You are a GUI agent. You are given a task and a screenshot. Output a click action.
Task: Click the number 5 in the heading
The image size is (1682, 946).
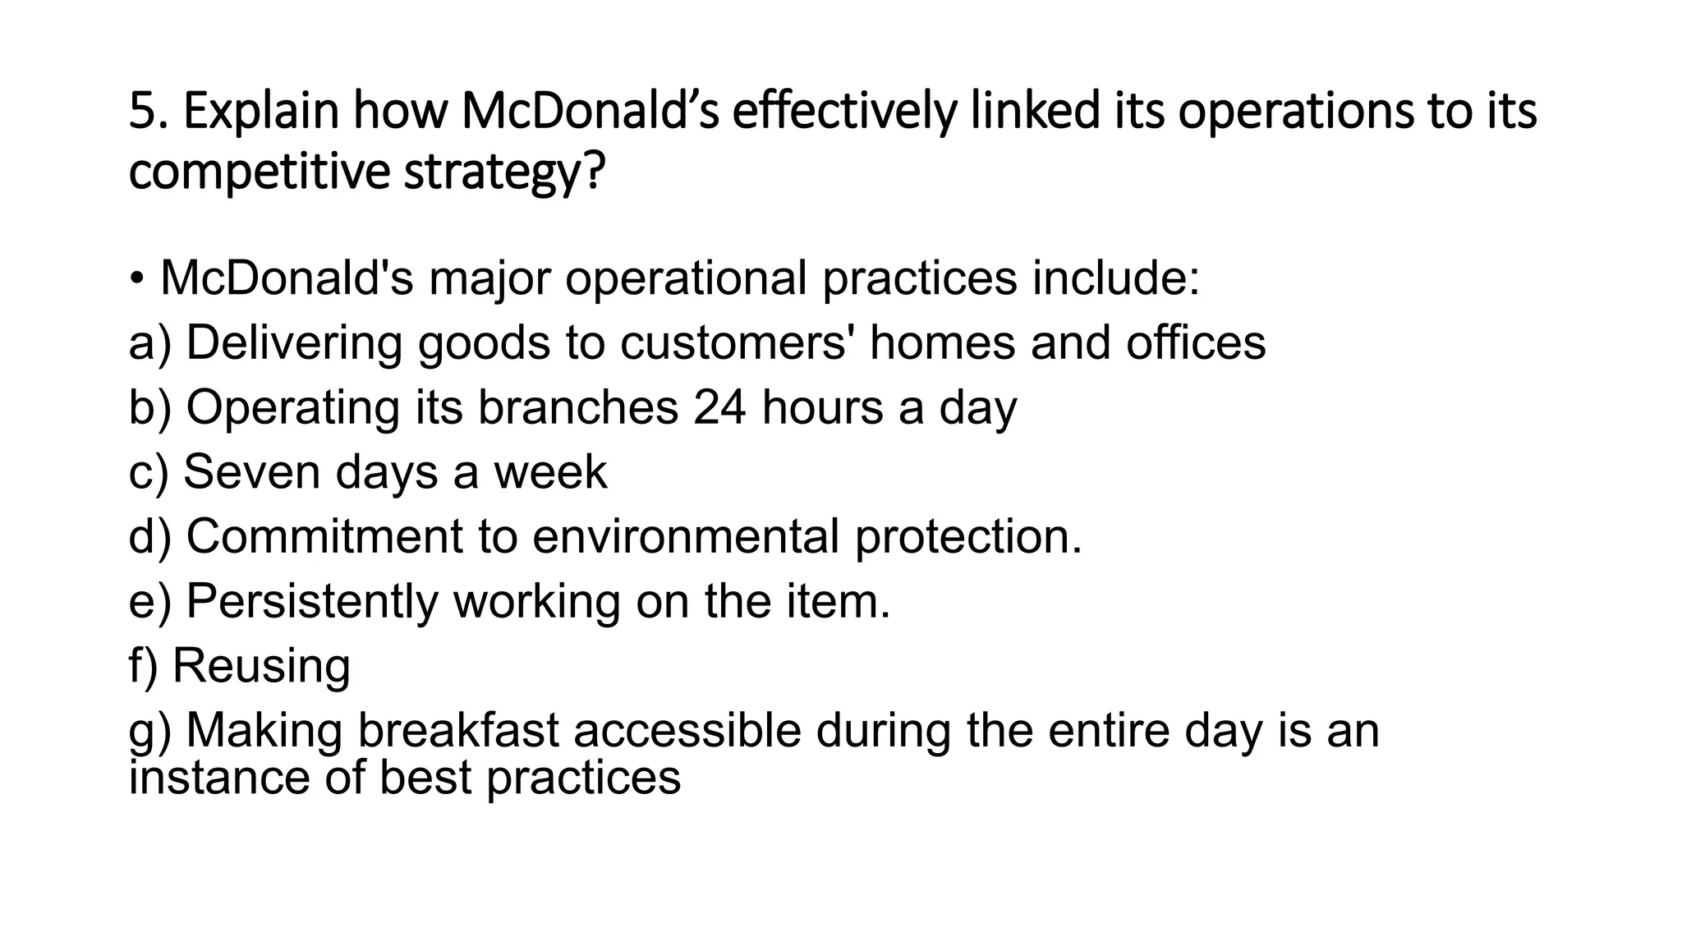[142, 112]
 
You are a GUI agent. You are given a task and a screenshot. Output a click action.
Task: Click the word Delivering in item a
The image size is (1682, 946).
[294, 342]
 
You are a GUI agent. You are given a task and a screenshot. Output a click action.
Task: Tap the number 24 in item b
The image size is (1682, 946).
[719, 407]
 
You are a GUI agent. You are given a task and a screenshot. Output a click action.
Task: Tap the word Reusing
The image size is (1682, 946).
[261, 665]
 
